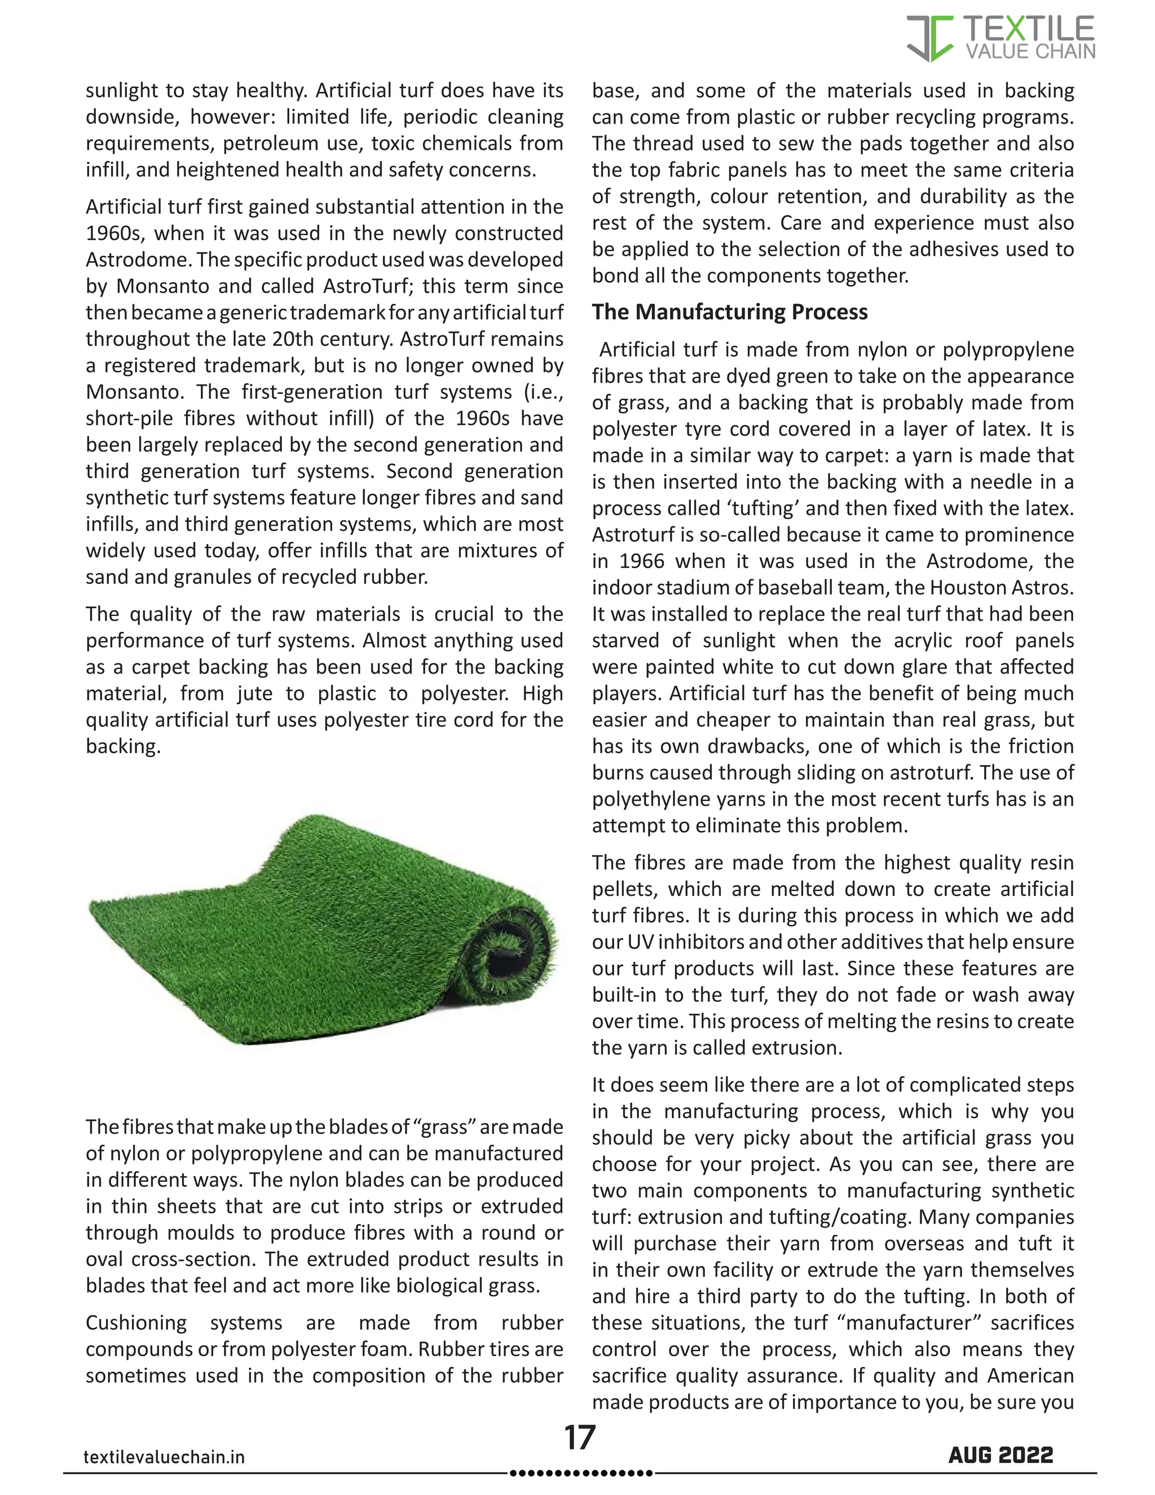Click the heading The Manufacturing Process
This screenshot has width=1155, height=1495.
(729, 312)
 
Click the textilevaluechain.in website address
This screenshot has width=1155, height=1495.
(164, 1457)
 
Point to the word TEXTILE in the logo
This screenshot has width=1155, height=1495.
(1029, 29)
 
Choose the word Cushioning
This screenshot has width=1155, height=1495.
(135, 1322)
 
